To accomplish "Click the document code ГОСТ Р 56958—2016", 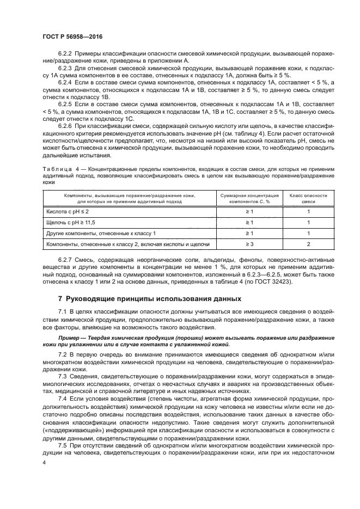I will [x=72, y=36].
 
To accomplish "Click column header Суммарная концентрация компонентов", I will [x=249, y=197].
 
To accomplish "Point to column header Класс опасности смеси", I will [x=308, y=197].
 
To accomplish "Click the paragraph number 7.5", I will [x=62, y=446].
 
